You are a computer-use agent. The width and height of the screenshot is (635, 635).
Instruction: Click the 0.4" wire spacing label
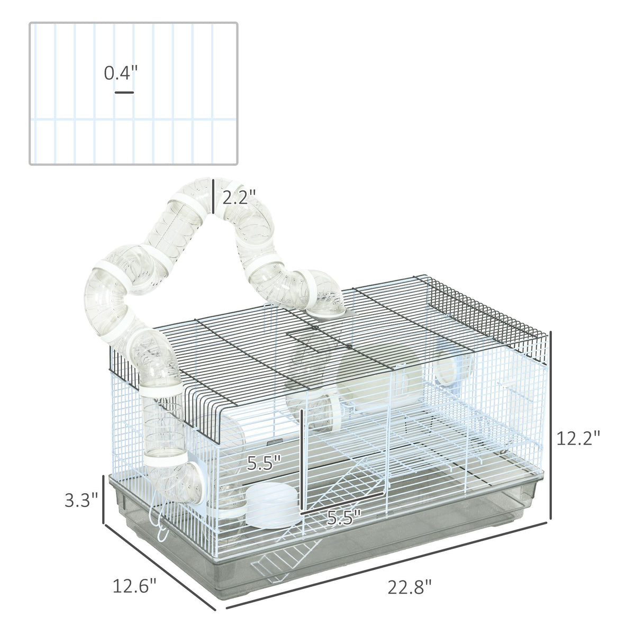(121, 73)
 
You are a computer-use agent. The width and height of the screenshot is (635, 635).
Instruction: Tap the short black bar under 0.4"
(124, 93)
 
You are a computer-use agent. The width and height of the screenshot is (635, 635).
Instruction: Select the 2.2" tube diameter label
(239, 197)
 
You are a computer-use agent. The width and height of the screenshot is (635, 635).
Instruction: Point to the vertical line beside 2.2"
(214, 196)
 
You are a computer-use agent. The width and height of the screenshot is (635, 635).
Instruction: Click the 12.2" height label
(578, 439)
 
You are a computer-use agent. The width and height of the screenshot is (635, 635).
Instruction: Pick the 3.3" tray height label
(81, 500)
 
